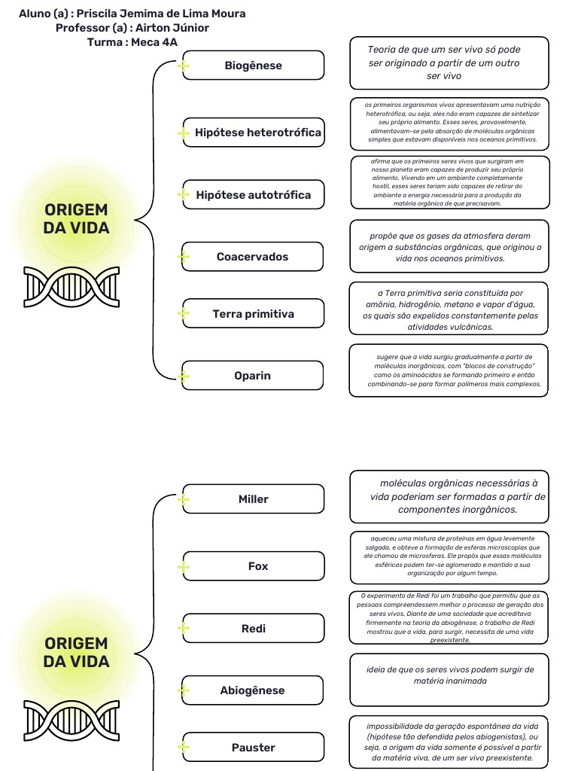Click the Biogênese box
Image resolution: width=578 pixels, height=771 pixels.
(253, 66)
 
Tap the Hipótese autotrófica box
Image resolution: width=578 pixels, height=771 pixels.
(253, 195)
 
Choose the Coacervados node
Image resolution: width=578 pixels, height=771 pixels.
(253, 257)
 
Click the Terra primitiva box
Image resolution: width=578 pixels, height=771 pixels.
(253, 314)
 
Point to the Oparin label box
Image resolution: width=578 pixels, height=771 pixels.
(253, 376)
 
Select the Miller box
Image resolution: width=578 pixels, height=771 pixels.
(253, 499)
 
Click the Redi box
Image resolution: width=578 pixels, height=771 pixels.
(253, 629)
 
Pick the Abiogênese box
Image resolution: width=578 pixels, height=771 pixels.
(253, 690)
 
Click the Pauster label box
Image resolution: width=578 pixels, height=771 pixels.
(253, 748)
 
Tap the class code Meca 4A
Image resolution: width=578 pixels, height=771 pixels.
(154, 42)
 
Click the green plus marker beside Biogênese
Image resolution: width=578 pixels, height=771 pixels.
(183, 66)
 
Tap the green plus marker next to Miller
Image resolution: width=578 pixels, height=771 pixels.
(183, 500)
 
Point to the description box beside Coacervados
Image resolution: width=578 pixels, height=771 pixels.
(449, 247)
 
